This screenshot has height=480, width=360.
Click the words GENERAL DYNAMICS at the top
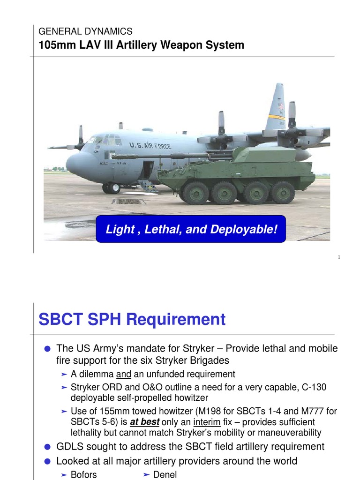85,32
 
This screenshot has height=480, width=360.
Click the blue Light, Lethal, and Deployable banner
191,229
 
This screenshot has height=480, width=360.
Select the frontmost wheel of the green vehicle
196,193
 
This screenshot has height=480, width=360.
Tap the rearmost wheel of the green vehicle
283,192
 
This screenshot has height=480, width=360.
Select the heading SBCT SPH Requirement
132,320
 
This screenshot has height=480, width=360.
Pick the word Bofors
83,474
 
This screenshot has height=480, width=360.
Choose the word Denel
165,474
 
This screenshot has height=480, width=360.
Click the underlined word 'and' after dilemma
123,374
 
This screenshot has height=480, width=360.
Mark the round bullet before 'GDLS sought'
47,447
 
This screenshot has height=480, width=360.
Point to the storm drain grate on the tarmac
127,202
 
